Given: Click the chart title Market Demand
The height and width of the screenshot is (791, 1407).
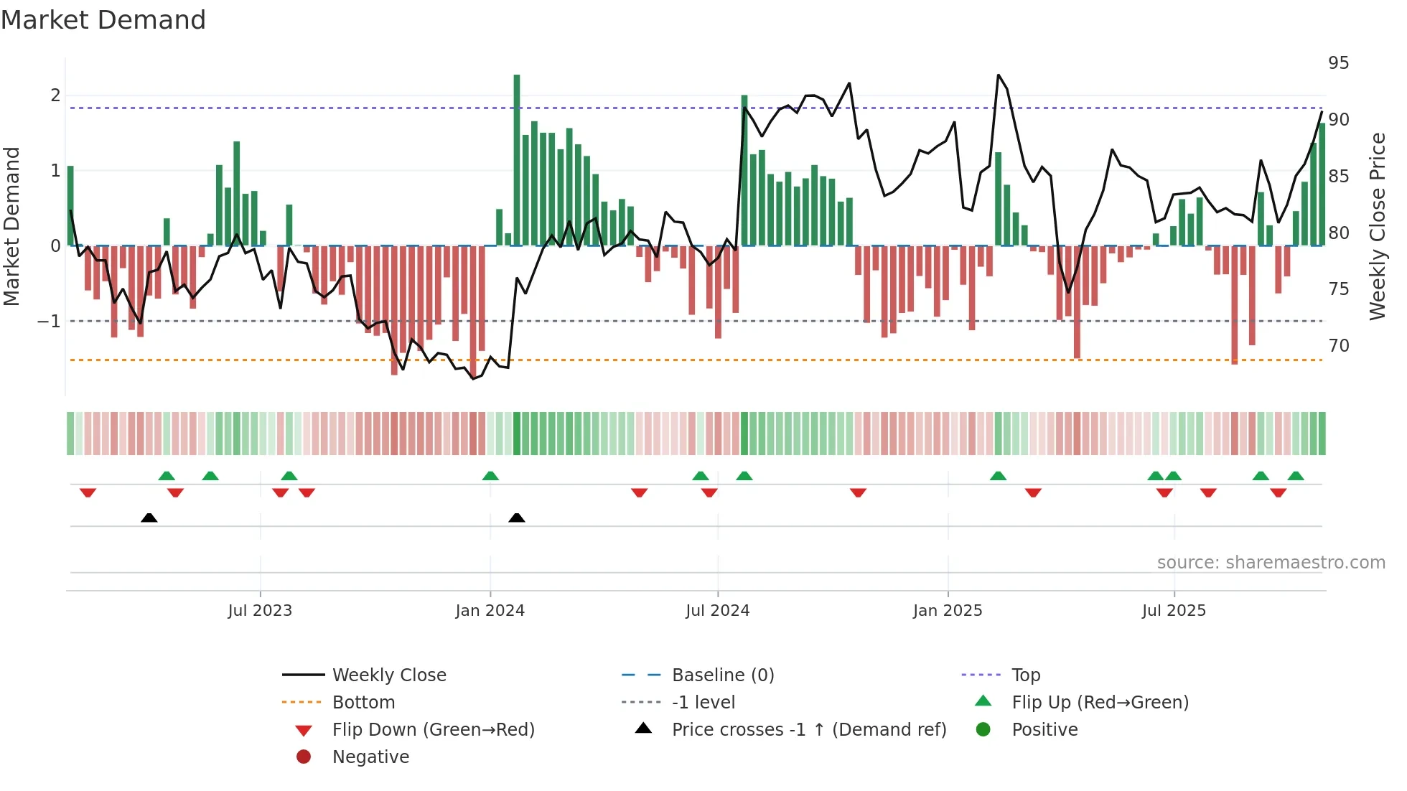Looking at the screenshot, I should click(103, 20).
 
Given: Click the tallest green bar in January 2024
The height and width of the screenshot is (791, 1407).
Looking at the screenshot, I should click(517, 159).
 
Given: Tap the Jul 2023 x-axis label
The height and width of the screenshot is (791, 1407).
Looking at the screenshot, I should click(260, 611).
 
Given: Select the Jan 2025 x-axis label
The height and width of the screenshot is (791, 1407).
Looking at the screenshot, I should click(948, 611).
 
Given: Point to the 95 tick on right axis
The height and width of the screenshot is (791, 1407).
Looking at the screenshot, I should click(1338, 63).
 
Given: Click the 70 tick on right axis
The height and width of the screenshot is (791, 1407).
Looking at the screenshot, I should click(1338, 346).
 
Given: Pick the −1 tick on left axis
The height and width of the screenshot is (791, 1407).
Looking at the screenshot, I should click(49, 322).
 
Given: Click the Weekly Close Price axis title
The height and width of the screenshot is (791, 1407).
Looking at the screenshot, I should click(1377, 226).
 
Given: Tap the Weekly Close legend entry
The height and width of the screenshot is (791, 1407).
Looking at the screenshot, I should click(389, 675).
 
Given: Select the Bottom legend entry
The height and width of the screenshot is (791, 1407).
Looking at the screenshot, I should click(363, 703).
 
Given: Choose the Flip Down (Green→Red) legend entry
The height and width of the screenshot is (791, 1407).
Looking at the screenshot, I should click(433, 730).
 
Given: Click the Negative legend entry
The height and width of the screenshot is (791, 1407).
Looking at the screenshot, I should click(370, 757).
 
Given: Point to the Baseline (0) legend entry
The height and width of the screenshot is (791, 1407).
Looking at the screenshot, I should click(723, 675).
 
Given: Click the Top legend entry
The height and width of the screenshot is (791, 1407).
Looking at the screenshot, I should click(1026, 675).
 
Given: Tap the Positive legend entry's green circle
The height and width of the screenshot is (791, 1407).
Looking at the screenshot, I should click(983, 730).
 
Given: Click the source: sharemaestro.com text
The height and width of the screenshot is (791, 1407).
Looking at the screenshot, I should click(1271, 563).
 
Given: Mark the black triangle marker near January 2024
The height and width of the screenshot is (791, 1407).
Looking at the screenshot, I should click(517, 518).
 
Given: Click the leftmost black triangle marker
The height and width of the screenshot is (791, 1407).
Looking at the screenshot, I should click(149, 518).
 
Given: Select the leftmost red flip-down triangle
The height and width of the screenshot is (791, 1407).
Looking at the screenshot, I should click(88, 492).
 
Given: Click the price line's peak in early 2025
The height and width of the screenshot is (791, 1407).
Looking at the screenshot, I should click(999, 75).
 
